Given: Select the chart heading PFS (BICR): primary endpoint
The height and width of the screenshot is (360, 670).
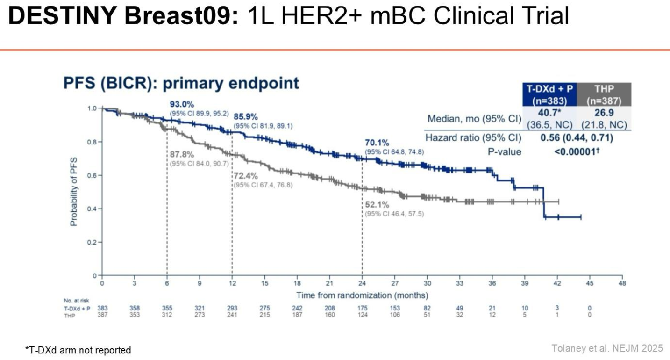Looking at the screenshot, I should [x=181, y=83].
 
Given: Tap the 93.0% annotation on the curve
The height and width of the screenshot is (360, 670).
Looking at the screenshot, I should [x=181, y=104].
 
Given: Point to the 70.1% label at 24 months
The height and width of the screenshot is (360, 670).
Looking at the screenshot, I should [x=377, y=143].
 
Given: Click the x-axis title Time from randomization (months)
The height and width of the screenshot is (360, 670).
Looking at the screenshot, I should [x=362, y=295].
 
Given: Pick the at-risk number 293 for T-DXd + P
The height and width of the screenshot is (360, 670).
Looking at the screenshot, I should [x=232, y=309].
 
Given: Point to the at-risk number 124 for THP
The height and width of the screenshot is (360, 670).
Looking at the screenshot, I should [x=362, y=315].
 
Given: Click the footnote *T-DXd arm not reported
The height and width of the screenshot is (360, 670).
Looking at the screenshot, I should [x=78, y=350].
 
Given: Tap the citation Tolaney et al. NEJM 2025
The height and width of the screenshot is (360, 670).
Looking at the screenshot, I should [x=607, y=348].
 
